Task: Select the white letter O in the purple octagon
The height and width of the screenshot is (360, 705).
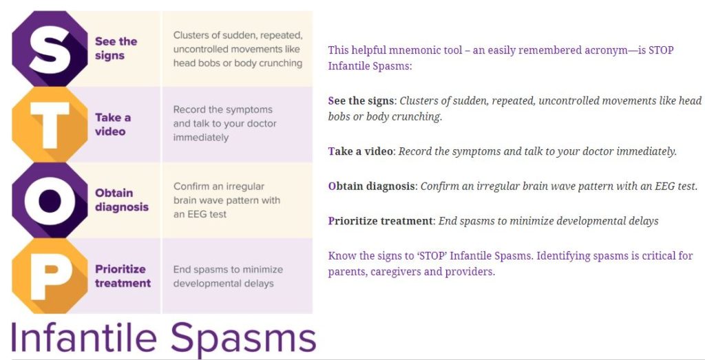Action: pos(50,201)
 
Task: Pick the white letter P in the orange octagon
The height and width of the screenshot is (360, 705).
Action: pos(50,277)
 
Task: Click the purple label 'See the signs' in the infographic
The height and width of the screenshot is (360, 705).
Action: pos(116,49)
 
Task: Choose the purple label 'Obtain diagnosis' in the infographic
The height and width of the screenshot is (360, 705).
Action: pos(121,200)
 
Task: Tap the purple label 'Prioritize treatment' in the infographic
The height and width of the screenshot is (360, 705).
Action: pos(123,276)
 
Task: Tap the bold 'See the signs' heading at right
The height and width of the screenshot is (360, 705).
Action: pos(361,101)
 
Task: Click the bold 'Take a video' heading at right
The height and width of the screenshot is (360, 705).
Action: pos(360,151)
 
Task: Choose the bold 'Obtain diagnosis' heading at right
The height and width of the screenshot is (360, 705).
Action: pos(372,186)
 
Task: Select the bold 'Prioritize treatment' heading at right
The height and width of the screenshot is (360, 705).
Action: pos(380,221)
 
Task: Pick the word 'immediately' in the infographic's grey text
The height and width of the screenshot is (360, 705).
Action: pos(201,138)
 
